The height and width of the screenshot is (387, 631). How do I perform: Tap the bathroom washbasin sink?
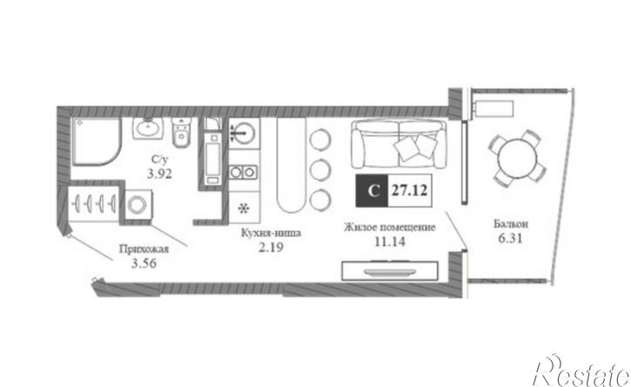[148, 128]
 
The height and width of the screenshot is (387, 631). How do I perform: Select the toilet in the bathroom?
[181, 132]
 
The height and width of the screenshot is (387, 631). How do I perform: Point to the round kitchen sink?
[245, 132]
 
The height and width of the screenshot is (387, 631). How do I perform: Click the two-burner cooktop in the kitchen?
[243, 172]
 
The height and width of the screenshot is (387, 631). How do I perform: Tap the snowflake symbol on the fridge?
[243, 208]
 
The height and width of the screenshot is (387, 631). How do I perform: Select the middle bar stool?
[320, 169]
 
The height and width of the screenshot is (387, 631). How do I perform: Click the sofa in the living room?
[399, 144]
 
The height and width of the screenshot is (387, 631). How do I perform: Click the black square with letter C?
[373, 190]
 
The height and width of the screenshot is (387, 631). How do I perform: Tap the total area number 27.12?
[410, 190]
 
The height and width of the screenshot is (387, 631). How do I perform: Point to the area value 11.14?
[390, 241]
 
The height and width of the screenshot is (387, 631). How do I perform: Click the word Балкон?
[511, 224]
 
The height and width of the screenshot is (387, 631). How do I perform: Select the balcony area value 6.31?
[510, 238]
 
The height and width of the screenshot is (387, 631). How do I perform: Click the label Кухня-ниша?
[271, 233]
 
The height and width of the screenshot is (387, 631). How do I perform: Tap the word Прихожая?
[144, 249]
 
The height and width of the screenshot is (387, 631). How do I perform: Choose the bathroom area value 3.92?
[159, 174]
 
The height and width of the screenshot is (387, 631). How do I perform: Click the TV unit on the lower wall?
[390, 270]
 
